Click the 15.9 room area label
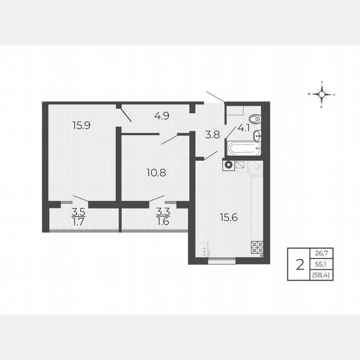pos(81,125)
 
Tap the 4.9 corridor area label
pos(161,116)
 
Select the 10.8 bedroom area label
pos(156,172)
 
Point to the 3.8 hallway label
pos(212,135)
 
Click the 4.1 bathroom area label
pos(244,128)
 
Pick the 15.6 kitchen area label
pos(229,217)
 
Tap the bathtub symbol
pos(243,148)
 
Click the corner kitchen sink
pos(255,168)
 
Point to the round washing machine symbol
pos(228,165)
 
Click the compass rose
pos(322,95)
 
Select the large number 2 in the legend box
pos(299,264)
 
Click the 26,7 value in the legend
pos(321,253)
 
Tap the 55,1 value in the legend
pos(321,264)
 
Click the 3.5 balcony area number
pos(78,211)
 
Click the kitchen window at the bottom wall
pos(222,262)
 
